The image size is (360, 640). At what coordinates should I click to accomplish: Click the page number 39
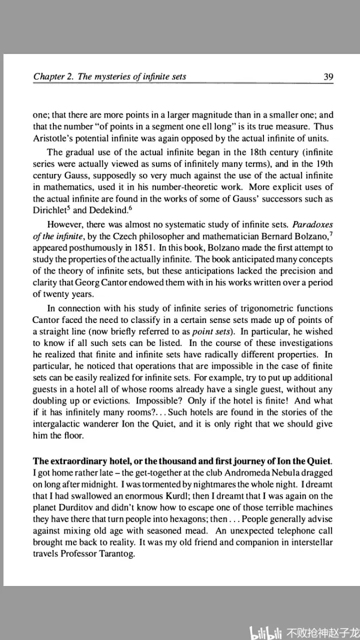pyautogui.click(x=328, y=77)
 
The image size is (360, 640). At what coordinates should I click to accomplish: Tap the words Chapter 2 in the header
pyautogui.click(x=54, y=76)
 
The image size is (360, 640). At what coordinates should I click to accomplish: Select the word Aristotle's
pyautogui.click(x=55, y=136)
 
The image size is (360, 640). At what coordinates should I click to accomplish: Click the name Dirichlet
pyautogui.click(x=51, y=210)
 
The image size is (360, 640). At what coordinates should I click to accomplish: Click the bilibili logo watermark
pyautogui.click(x=266, y=632)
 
